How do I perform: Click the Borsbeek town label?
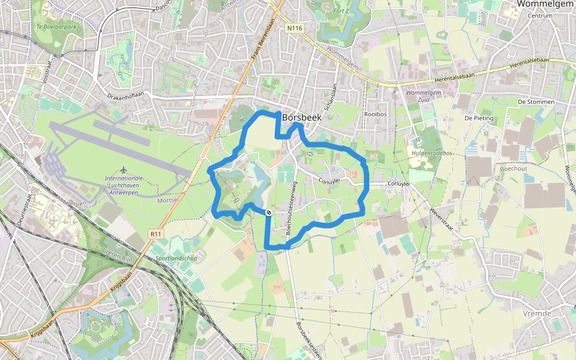pyautogui.click(x=302, y=118)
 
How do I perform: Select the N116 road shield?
pyautogui.click(x=295, y=28)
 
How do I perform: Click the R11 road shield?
pyautogui.click(x=157, y=233)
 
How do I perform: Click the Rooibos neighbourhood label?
pyautogui.click(x=375, y=113)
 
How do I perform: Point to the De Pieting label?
pyautogui.click(x=478, y=118)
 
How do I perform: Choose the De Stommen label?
pyautogui.click(x=536, y=102)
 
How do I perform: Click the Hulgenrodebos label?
pyautogui.click(x=431, y=153)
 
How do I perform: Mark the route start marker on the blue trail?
pyautogui.click(x=268, y=212)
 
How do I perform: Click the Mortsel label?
pyautogui.click(x=168, y=200)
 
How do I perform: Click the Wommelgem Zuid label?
pyautogui.click(x=424, y=97)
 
